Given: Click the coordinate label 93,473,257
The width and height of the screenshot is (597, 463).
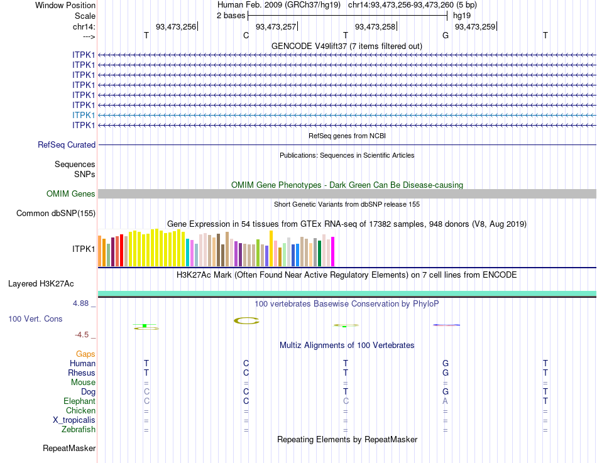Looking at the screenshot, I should pyautogui.click(x=276, y=26).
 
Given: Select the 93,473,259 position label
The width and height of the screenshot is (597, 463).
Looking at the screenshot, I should pyautogui.click(x=475, y=26).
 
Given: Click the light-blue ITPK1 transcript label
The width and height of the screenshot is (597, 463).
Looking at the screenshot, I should pyautogui.click(x=84, y=115).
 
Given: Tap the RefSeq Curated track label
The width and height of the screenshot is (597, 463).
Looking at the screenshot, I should pyautogui.click(x=67, y=144).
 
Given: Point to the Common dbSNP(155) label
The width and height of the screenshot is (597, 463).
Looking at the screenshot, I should pyautogui.click(x=56, y=213).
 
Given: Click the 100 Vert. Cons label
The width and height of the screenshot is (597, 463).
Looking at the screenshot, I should pyautogui.click(x=35, y=319).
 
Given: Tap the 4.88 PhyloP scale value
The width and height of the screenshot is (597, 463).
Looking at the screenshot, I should pyautogui.click(x=82, y=303).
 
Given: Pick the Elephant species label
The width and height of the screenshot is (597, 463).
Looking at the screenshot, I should pyautogui.click(x=79, y=401).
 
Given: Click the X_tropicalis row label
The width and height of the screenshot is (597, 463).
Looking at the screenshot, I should pyautogui.click(x=74, y=420).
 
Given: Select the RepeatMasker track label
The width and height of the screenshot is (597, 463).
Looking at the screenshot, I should pyautogui.click(x=69, y=448).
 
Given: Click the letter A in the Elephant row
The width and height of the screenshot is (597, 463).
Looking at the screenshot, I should pyautogui.click(x=445, y=401).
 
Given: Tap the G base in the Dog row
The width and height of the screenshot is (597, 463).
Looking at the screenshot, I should pyautogui.click(x=445, y=391).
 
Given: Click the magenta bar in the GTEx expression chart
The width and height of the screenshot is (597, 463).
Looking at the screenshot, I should pyautogui.click(x=332, y=251).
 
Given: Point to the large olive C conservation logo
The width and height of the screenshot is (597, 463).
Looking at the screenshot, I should pyautogui.click(x=246, y=321).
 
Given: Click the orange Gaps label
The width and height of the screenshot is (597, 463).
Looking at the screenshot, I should pyautogui.click(x=85, y=354).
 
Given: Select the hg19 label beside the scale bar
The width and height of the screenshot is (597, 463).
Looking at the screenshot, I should pyautogui.click(x=462, y=15).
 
